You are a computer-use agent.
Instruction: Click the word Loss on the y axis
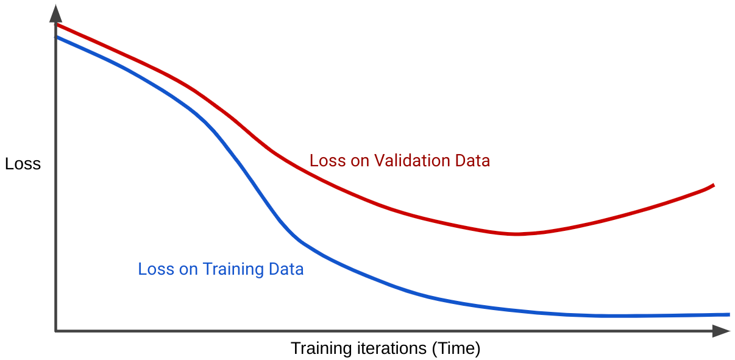click(23, 164)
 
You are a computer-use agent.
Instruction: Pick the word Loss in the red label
click(327, 161)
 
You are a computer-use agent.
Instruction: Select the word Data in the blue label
click(287, 269)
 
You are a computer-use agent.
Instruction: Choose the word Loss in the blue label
click(155, 269)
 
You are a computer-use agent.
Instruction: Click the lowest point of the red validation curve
click(516, 234)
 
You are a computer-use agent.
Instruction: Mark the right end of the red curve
click(713, 185)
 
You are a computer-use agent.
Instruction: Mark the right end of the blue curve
click(728, 314)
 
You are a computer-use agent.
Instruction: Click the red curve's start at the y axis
click(57, 25)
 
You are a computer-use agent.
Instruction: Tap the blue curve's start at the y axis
click(57, 37)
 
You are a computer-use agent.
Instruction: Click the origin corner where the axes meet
click(55, 331)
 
